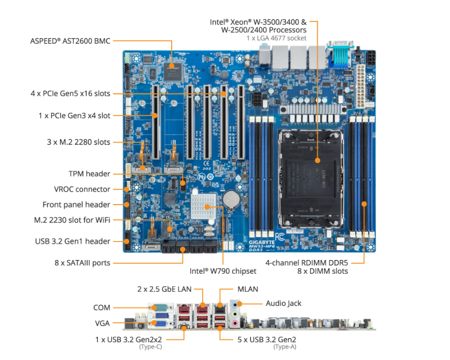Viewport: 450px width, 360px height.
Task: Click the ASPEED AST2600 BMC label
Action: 70,41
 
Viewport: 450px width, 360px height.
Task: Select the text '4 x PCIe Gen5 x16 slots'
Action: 70,93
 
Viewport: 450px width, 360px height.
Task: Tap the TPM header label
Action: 89,174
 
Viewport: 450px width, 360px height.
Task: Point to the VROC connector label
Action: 82,189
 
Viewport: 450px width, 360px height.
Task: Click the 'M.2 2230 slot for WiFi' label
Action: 72,220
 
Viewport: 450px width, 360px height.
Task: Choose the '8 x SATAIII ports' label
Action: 83,263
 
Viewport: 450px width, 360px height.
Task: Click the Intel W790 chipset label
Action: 223,271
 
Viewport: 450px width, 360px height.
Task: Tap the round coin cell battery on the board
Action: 232,199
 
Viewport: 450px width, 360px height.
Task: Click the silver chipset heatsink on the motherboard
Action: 203,206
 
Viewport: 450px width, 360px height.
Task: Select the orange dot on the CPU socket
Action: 317,160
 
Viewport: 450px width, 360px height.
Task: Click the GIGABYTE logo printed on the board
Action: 262,242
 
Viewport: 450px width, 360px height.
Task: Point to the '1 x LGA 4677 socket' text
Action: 276,38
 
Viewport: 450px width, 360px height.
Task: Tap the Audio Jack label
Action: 283,304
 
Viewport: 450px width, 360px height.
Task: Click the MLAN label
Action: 248,289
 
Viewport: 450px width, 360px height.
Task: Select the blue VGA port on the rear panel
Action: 160,323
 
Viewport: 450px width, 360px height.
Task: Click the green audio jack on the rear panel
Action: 235,314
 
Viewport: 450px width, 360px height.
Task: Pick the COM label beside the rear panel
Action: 101,308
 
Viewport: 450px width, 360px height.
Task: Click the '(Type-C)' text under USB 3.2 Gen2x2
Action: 151,347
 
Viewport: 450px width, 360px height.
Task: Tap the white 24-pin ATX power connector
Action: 360,86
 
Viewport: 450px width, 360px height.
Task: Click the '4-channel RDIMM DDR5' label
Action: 306,263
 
